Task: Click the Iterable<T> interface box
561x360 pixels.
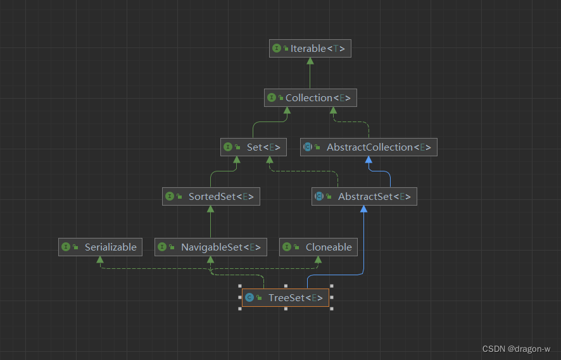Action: tap(310, 49)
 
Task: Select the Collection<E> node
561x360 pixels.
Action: tap(310, 98)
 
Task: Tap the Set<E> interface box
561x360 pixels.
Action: tap(253, 147)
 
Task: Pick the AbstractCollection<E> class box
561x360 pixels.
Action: tap(368, 147)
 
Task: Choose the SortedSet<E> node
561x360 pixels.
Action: tap(211, 197)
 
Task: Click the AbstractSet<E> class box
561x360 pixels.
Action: tap(364, 197)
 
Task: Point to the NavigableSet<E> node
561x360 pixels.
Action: tap(211, 247)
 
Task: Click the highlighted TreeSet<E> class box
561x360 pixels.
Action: tap(285, 297)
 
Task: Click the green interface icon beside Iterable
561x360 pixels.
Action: tap(277, 49)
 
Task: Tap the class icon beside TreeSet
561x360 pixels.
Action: tap(249, 297)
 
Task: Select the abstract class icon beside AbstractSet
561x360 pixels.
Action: tap(319, 197)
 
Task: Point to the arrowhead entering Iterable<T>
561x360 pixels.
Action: tap(310, 61)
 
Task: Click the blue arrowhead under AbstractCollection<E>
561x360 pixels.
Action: tap(368, 159)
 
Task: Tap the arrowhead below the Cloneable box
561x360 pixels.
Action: tap(318, 259)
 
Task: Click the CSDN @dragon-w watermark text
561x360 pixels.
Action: tap(516, 349)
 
